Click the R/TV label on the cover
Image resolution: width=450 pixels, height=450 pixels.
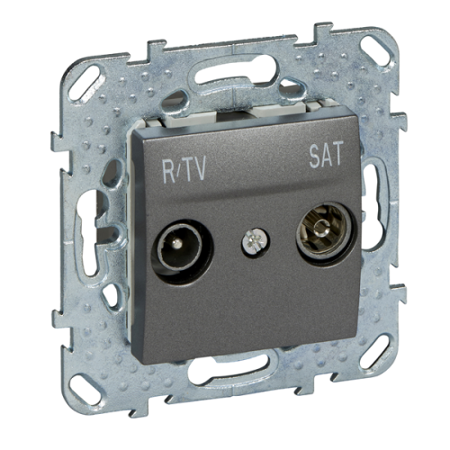pos(184,170)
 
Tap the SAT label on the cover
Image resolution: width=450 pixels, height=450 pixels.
pos(326,154)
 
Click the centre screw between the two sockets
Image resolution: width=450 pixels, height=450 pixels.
pos(255,241)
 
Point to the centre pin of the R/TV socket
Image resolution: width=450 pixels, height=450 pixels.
pos(179,241)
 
